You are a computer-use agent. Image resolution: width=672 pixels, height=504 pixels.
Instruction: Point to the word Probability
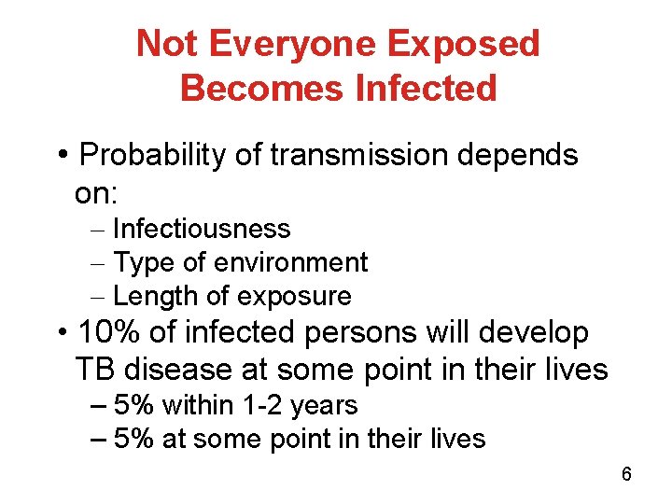(x=153, y=155)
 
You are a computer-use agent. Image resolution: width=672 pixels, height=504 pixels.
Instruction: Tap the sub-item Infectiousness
(x=201, y=229)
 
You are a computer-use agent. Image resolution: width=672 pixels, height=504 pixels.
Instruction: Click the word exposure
(x=293, y=298)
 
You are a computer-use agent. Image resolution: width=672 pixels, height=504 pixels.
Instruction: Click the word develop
(x=540, y=333)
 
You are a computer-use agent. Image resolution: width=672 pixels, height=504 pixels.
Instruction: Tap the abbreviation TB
(x=94, y=370)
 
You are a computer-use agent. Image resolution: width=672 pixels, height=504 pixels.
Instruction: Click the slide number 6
(x=626, y=474)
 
